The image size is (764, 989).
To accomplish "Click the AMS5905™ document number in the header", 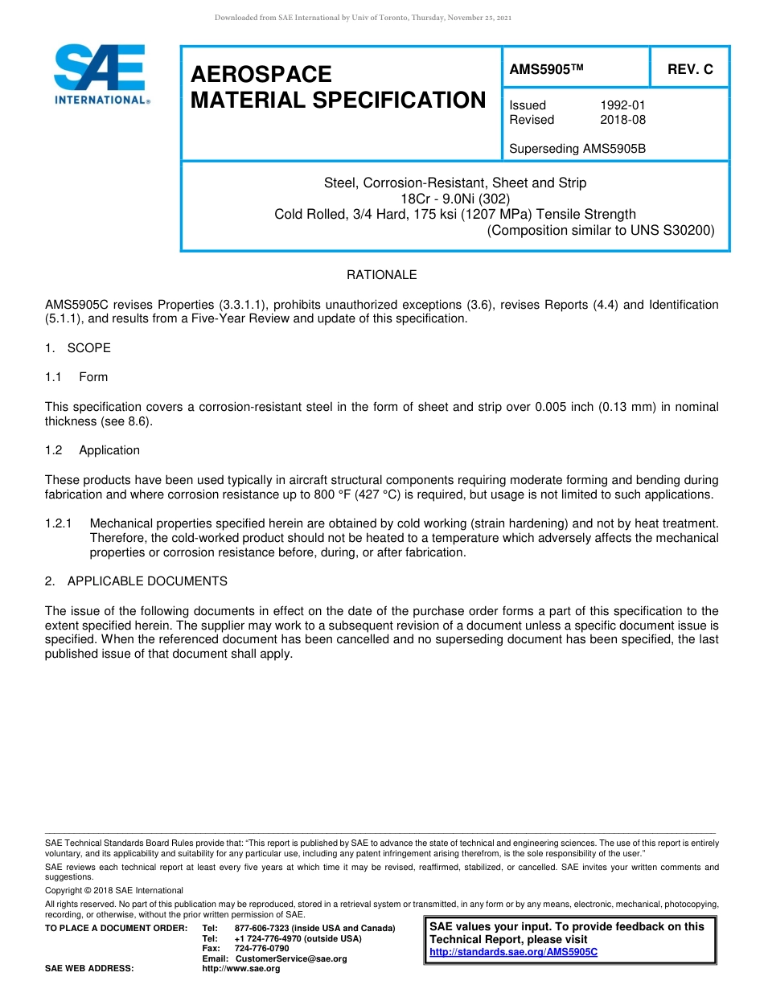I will [x=545, y=70].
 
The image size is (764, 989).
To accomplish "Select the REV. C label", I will [x=690, y=70].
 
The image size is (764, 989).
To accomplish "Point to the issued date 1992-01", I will [x=622, y=105].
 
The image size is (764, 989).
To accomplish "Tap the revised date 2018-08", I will [x=622, y=120].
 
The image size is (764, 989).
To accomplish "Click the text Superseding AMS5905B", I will [x=577, y=149].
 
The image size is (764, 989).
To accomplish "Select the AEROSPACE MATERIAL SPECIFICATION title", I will [x=338, y=87].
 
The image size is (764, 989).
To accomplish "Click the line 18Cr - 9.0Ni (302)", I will [x=455, y=199].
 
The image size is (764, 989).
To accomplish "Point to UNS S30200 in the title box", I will [x=674, y=230].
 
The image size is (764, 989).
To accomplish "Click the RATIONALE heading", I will [x=381, y=275].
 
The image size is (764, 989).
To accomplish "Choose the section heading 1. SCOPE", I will [x=78, y=348].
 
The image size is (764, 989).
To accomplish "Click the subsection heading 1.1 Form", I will [x=76, y=377].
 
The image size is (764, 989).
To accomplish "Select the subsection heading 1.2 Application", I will [x=92, y=450].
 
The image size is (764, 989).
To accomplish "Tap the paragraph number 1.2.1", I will [x=59, y=523].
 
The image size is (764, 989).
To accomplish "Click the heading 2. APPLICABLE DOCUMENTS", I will [x=136, y=581].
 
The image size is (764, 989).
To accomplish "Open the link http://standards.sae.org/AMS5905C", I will [x=513, y=952].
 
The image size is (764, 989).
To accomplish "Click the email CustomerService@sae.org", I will [x=290, y=958].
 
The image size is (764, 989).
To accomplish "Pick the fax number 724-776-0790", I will [x=261, y=948].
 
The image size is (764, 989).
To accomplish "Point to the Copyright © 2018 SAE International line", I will [x=114, y=890].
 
